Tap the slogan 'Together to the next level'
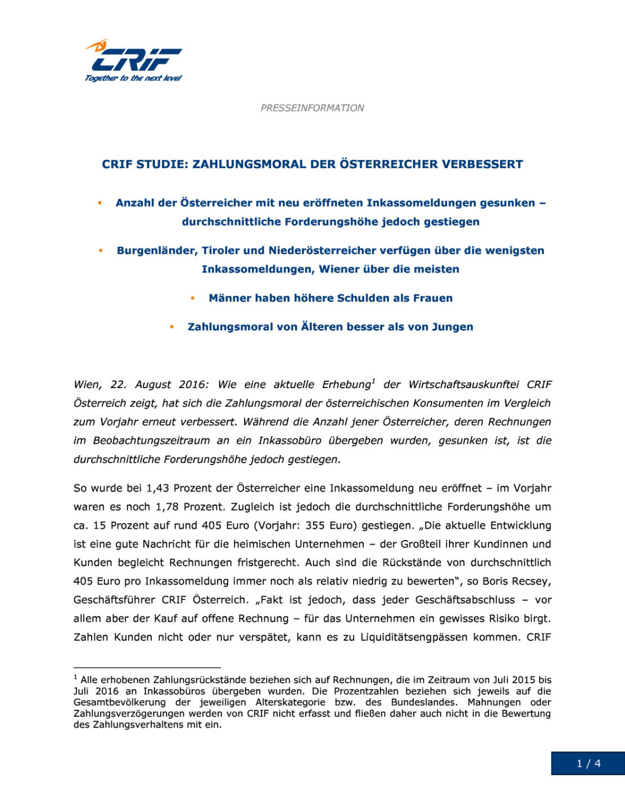(x=133, y=78)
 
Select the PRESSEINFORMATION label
(x=312, y=107)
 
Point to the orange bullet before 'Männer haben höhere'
(x=193, y=298)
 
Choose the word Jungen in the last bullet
(x=452, y=327)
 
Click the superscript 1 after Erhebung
(x=373, y=381)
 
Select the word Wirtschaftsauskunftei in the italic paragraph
(x=464, y=385)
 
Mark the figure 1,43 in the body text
(x=158, y=488)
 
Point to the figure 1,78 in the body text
(x=167, y=507)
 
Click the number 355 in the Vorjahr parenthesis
(x=315, y=525)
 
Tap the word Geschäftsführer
(x=114, y=600)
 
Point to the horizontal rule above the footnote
(x=147, y=668)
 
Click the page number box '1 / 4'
(x=588, y=763)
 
